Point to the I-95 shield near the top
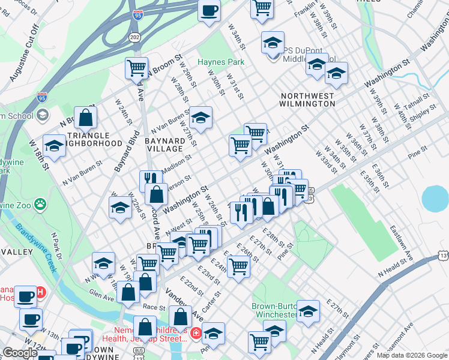point(138,14)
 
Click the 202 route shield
point(134,37)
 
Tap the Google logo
point(20,353)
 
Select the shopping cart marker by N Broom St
point(137,67)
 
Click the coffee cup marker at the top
point(209,10)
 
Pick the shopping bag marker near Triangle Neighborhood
point(86,118)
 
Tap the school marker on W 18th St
point(54,146)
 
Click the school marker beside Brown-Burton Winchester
point(309,311)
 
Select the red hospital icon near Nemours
point(196,333)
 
